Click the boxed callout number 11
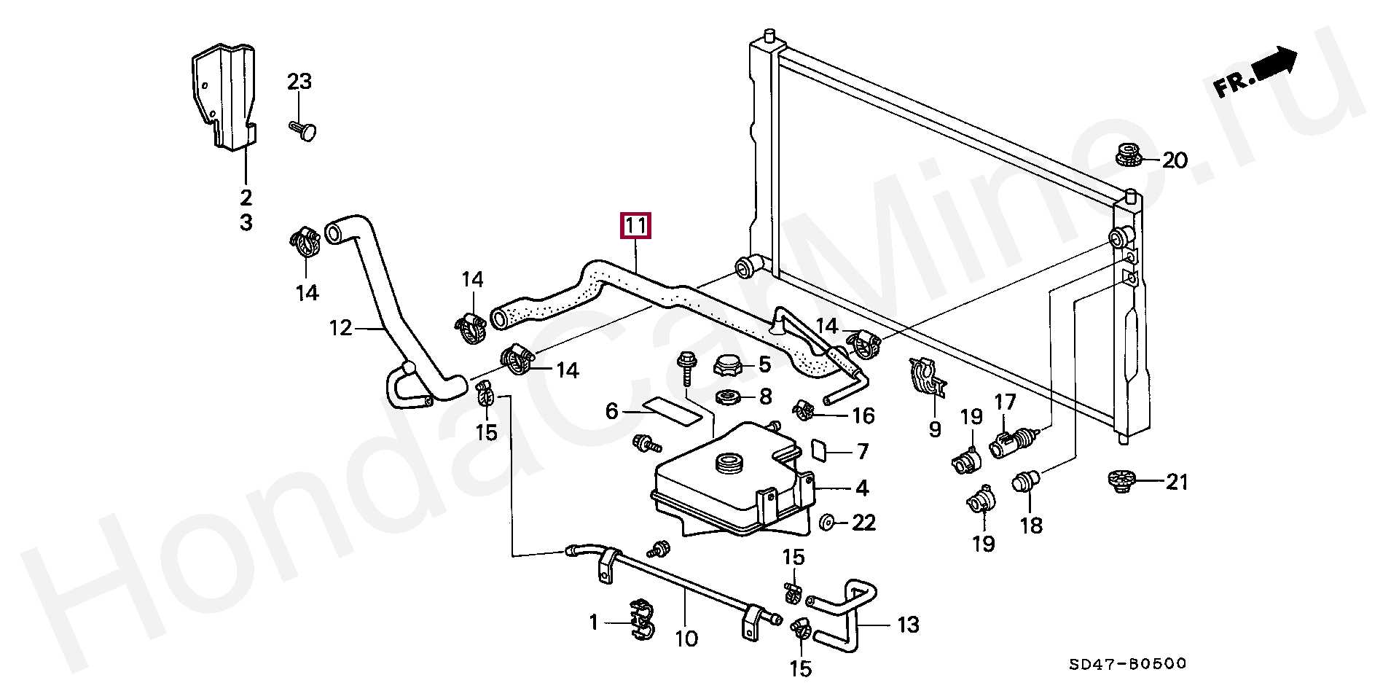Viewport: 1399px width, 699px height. click(x=634, y=227)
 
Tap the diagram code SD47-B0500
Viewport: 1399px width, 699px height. click(x=1128, y=664)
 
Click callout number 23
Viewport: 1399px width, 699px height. click(x=299, y=82)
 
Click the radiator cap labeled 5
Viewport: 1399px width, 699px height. click(x=729, y=364)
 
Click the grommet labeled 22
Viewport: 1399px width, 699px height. click(x=828, y=523)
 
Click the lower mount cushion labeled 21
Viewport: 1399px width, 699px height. click(x=1120, y=482)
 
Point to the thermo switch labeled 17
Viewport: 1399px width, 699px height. click(x=1013, y=442)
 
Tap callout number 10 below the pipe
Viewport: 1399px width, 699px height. click(x=686, y=639)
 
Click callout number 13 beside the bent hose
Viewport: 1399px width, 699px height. click(x=908, y=625)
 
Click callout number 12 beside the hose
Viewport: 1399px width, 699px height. click(x=341, y=328)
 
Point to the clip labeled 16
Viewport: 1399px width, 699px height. click(x=807, y=413)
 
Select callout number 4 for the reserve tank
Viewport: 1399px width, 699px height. click(x=862, y=488)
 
